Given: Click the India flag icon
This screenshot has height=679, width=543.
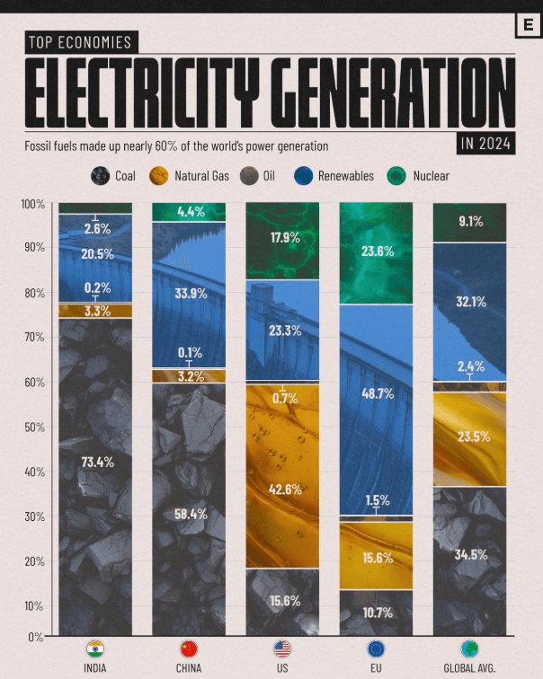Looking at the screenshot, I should (95, 648).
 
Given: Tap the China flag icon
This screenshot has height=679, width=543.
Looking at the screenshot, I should (189, 648).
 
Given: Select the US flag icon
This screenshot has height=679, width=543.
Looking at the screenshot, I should (282, 648).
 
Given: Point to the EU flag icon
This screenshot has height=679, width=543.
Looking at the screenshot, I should (376, 648).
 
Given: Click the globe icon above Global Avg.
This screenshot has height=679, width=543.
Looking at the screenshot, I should (468, 648).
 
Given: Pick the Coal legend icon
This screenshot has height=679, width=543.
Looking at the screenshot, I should (101, 176).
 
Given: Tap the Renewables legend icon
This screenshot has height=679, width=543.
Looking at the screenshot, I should (304, 176).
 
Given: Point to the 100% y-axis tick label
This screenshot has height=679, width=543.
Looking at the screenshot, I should (32, 205).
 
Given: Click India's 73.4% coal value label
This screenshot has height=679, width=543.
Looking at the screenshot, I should (95, 462).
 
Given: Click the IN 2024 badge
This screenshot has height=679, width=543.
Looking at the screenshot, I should (485, 143).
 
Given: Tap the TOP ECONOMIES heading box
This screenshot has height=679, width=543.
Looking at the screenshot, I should (79, 42).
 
